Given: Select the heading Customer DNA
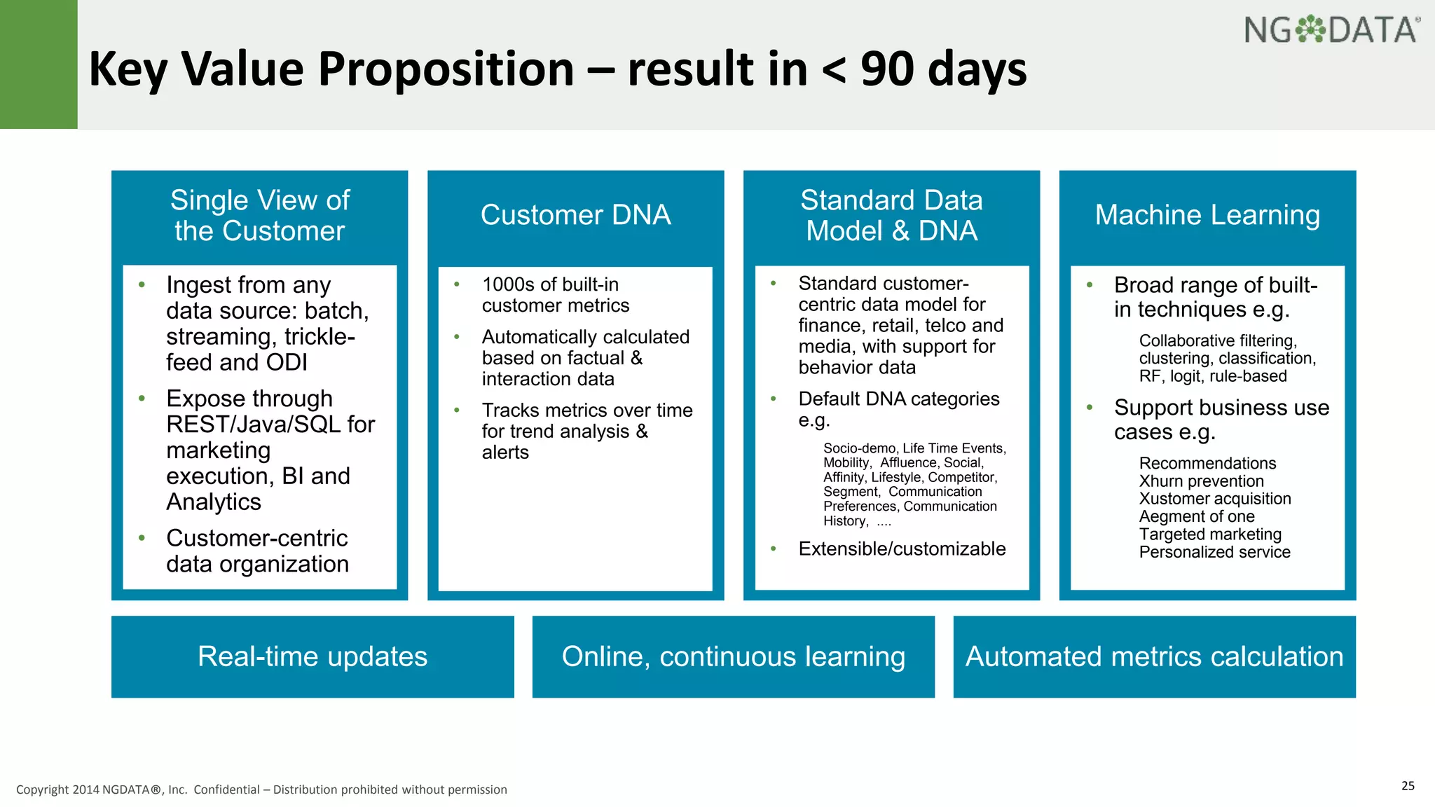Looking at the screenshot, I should [x=575, y=215].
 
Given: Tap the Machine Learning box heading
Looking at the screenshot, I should [x=1207, y=215].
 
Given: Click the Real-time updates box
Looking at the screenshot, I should [x=313, y=656].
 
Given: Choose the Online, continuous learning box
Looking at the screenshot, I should [x=733, y=656].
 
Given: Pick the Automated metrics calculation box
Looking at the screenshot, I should [x=1154, y=656].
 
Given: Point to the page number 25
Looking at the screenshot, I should [x=1408, y=785].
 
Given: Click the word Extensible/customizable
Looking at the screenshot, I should [x=902, y=549].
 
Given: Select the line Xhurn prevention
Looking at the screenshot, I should [x=1201, y=481].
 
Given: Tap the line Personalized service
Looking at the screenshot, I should [x=1214, y=552].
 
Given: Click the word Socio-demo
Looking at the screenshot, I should [x=859, y=448].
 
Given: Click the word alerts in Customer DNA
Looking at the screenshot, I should [x=505, y=453].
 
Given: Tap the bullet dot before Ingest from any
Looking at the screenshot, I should [x=142, y=284].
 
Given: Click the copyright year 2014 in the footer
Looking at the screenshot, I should [x=85, y=789].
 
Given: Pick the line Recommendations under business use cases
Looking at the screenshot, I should [x=1207, y=463].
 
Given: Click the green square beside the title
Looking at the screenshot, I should [x=39, y=64].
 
